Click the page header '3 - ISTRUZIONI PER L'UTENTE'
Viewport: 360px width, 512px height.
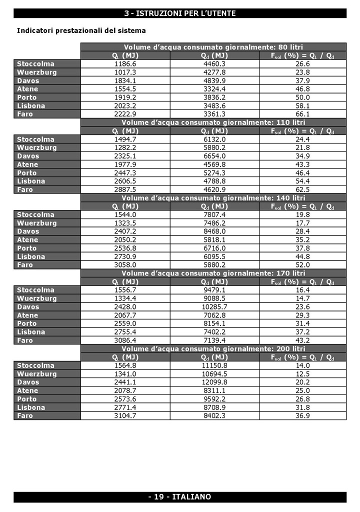(180, 13)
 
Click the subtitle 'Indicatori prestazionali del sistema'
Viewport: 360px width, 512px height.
(81, 30)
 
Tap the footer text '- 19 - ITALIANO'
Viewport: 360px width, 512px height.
(180, 496)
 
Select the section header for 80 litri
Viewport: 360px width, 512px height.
(213, 47)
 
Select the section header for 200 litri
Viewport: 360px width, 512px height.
(213, 348)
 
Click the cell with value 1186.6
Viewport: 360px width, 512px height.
(125, 64)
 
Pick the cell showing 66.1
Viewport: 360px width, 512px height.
(302, 114)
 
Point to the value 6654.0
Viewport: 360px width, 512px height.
(214, 156)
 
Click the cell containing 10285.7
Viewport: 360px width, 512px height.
(214, 306)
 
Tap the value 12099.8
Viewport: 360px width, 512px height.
(214, 382)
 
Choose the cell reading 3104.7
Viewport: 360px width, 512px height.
(125, 415)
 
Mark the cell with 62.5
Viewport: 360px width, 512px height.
(302, 189)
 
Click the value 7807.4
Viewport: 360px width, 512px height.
(214, 214)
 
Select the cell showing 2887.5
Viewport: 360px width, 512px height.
(125, 189)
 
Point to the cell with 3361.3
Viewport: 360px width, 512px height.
(214, 114)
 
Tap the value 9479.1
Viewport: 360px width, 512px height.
(214, 290)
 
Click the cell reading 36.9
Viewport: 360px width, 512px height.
(302, 415)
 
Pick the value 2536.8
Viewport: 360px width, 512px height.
(125, 248)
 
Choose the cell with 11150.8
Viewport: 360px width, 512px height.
(214, 365)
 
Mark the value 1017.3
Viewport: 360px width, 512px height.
(125, 72)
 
